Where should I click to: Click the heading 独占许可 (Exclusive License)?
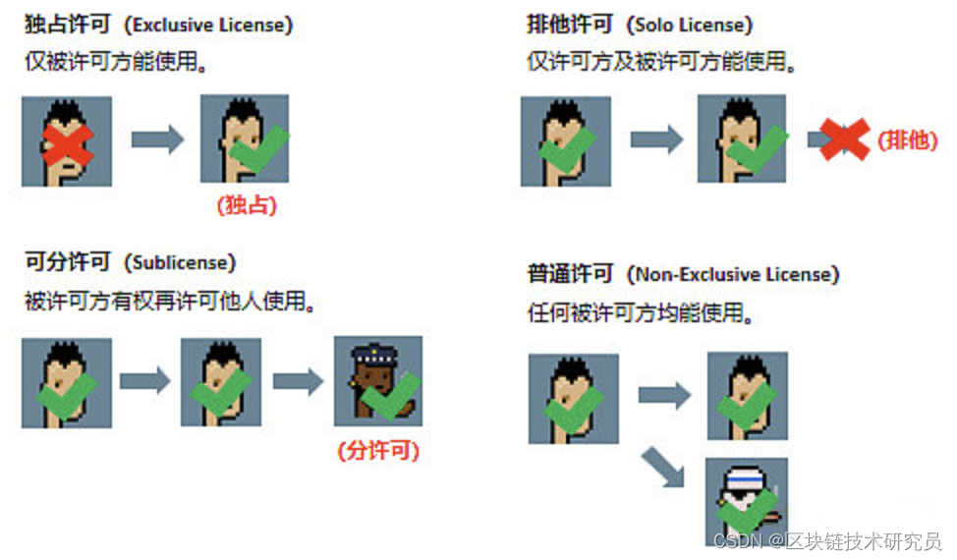(158, 25)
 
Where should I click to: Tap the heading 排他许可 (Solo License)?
(640, 25)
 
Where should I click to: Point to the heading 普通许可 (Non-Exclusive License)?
(683, 273)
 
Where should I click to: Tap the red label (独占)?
(247, 205)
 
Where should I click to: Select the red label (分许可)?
(378, 451)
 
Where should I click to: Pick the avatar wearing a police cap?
(378, 380)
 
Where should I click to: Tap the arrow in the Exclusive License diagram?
(157, 140)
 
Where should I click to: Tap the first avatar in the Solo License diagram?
(565, 140)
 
